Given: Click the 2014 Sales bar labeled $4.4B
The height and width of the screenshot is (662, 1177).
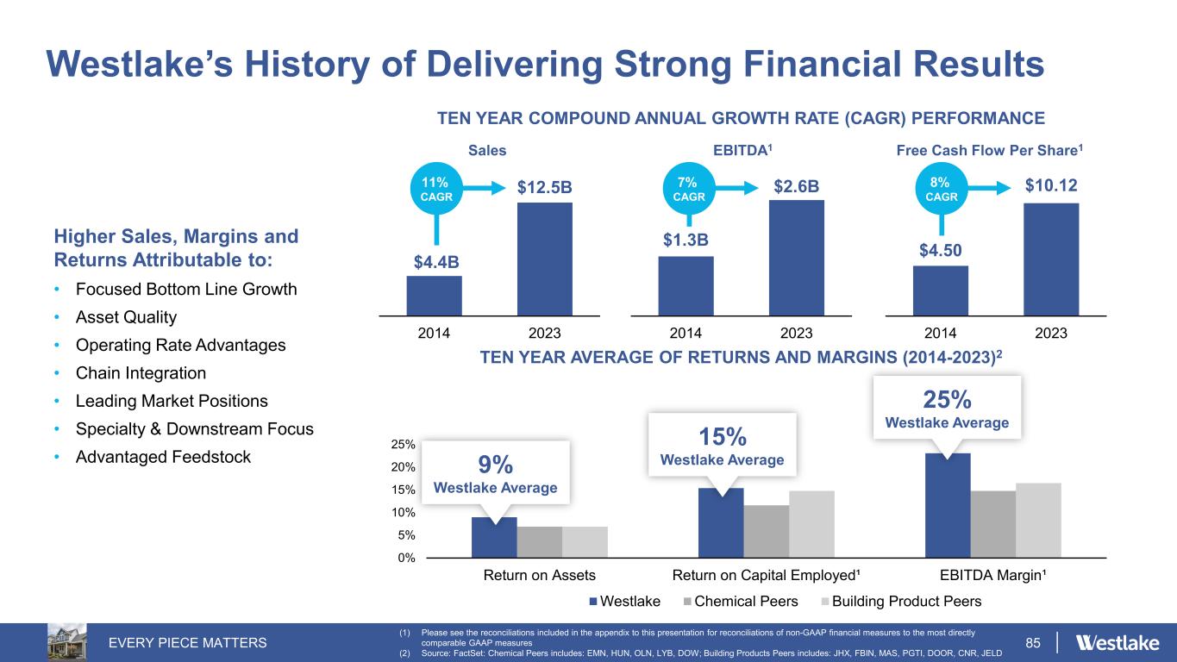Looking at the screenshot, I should (434, 295).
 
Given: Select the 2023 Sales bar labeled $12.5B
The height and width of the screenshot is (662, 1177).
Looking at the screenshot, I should (544, 259).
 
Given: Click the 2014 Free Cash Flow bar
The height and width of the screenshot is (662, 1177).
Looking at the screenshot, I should (940, 290).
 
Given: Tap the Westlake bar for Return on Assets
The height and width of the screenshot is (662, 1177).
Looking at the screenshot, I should (494, 537).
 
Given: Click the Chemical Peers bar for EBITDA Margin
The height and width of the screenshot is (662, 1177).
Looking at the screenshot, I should (992, 524).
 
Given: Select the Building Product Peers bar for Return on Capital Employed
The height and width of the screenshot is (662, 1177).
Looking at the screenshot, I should (811, 524).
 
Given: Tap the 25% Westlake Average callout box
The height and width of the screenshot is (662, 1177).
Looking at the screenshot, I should (947, 407).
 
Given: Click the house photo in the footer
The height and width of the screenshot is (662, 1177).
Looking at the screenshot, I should (66, 641).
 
